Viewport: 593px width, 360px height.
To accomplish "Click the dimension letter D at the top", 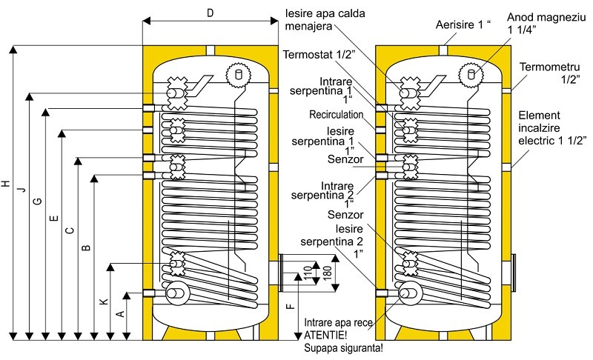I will tap(210, 13).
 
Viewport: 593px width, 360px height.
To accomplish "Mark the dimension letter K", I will tap(105, 301).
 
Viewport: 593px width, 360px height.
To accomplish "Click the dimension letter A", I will tap(120, 313).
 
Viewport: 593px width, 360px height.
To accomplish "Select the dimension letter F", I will tap(292, 304).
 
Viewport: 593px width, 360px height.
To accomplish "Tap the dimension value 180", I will tap(328, 273).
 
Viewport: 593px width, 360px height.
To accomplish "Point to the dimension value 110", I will tap(308, 273).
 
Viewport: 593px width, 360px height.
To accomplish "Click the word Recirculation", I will tap(336, 115).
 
